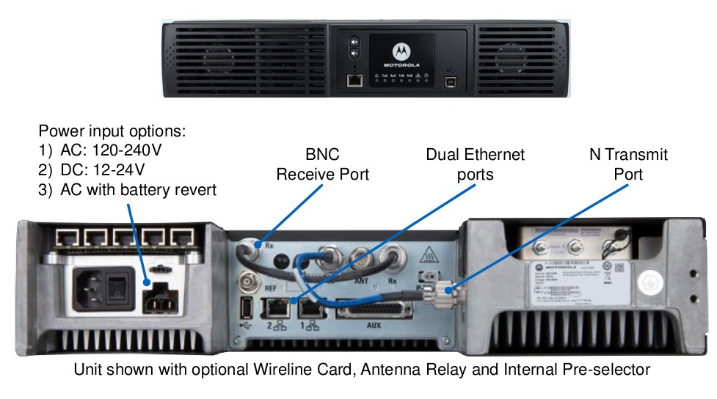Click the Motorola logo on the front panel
401,51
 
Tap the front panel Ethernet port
354,80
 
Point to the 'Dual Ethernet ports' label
475,164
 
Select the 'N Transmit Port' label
628,164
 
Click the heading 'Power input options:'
112,132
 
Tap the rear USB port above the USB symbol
245,306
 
